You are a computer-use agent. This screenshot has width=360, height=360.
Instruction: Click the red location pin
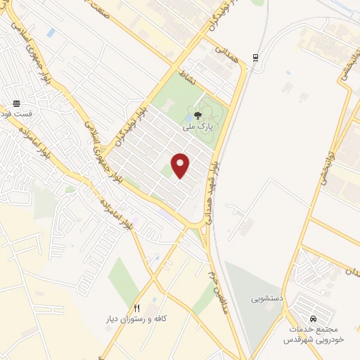pos(181,165)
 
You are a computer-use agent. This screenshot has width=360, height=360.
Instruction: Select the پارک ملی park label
pos(196,127)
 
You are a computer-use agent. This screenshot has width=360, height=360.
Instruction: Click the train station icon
pos(255,58)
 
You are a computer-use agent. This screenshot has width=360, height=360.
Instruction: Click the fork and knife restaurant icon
pos(137,308)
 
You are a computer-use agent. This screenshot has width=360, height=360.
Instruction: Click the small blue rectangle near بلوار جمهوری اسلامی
pos(51,33)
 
